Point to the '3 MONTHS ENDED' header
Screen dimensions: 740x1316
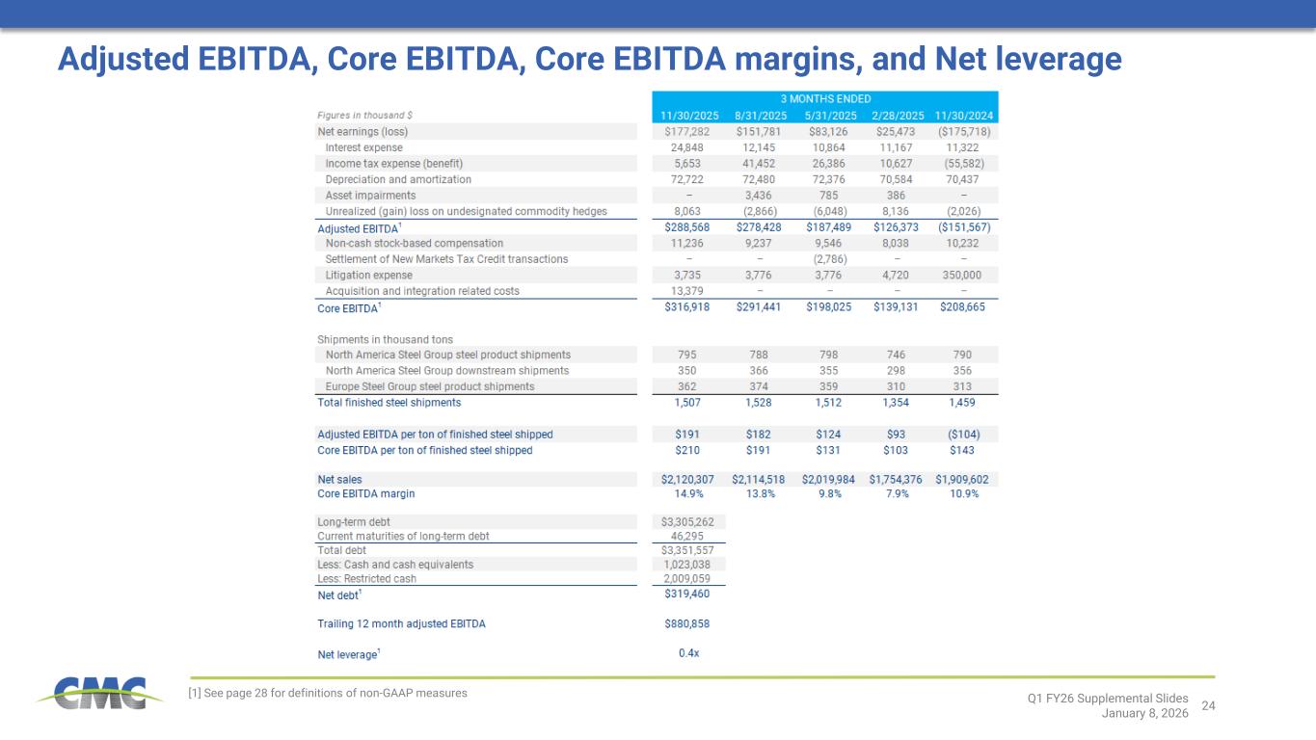point(825,98)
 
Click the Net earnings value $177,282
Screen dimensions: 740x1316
point(688,131)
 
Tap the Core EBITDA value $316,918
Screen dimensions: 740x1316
point(688,308)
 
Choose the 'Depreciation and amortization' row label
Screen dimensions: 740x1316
point(398,179)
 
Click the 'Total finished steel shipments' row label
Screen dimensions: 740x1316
point(389,402)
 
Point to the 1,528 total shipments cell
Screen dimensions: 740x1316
point(759,402)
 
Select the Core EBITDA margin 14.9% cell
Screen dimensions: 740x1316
point(688,493)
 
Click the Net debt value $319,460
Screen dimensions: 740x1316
point(688,595)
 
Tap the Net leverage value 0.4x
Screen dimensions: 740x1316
point(688,654)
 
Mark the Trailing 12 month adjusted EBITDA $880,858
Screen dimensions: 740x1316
point(688,623)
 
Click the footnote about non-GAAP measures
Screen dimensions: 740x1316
point(328,693)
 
